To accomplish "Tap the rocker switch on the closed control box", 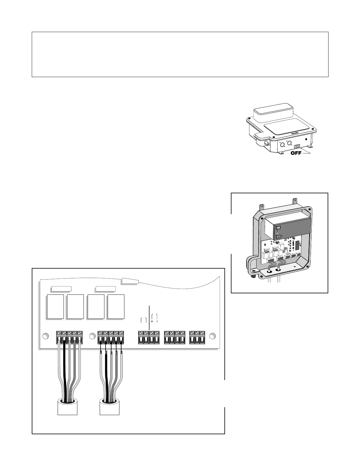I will click(x=297, y=146).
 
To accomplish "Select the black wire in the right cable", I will click(x=106, y=371).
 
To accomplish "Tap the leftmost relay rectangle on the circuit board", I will click(x=55, y=307).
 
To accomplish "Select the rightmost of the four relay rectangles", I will click(x=116, y=307).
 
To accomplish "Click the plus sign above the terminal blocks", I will click(x=152, y=322).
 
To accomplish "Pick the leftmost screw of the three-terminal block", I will click(x=192, y=333).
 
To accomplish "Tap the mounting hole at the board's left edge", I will click(x=45, y=336).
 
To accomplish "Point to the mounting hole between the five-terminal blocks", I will click(x=92, y=336).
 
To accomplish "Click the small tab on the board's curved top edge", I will click(x=130, y=281).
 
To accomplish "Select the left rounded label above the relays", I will click(x=61, y=289).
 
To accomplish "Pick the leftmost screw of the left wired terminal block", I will click(x=59, y=333).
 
